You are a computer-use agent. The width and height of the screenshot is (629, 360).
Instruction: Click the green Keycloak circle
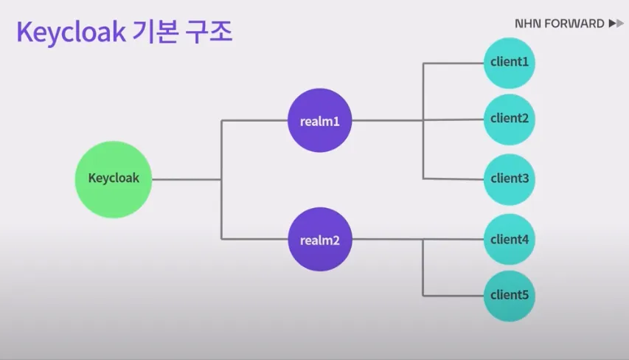tap(114, 178)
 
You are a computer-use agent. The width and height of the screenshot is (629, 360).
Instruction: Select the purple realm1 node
tap(319, 120)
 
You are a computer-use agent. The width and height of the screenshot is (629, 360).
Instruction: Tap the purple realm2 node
tap(319, 239)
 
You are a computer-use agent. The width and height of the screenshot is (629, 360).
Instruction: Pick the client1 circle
tap(509, 62)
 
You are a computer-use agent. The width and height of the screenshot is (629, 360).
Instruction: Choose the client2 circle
tap(509, 118)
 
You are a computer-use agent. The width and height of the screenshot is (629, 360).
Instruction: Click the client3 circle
tap(509, 179)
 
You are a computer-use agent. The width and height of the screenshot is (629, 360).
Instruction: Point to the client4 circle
tap(509, 239)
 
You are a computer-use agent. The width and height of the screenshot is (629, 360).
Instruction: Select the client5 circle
tap(509, 295)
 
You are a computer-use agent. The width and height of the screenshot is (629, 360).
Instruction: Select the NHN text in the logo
tap(528, 24)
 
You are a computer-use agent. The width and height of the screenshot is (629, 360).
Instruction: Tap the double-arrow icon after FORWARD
tap(616, 24)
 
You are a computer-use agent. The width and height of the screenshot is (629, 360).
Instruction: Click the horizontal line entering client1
tap(453, 63)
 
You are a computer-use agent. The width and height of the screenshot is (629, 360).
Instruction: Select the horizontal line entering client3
tap(453, 179)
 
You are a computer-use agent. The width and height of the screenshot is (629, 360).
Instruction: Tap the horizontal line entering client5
tap(453, 295)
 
